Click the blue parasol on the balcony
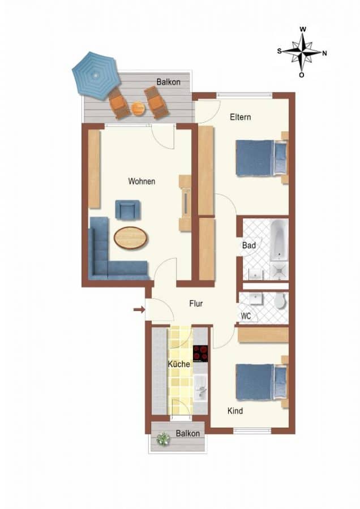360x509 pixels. tap(95, 76)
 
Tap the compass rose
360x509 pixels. tap(302, 52)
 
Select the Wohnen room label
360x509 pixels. tap(142, 181)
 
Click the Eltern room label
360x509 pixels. tap(241, 117)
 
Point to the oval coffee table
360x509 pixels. tap(130, 238)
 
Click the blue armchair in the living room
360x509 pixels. tap(128, 210)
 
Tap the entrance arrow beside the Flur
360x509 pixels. tap(139, 310)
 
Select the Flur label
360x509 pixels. tap(196, 304)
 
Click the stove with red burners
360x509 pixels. tap(200, 353)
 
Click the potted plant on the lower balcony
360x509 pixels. tap(163, 439)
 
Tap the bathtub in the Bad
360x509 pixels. tap(279, 240)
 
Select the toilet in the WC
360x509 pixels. tap(280, 301)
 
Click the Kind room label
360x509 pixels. tap(235, 411)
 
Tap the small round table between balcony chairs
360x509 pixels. tap(138, 109)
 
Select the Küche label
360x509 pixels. tap(179, 364)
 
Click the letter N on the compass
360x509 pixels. tap(324, 53)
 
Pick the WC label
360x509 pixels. tap(246, 316)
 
